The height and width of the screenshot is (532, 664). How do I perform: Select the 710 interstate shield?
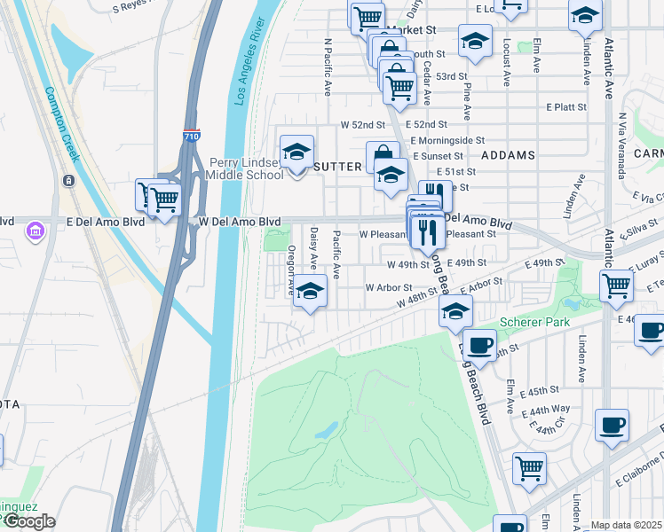click(x=193, y=136)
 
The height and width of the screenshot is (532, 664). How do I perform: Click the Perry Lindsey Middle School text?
click(x=246, y=168)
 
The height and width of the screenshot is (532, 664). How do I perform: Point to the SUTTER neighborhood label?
click(x=337, y=166)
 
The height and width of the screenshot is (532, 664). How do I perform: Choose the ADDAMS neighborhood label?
click(x=508, y=155)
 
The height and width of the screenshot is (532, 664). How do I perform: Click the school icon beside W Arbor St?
click(x=310, y=290)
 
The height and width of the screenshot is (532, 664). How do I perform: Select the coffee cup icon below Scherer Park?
click(x=480, y=344)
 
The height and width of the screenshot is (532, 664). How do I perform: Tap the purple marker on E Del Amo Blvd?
click(x=36, y=232)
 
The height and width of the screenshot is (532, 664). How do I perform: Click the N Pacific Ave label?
click(x=328, y=66)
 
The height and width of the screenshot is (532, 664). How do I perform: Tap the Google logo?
click(x=28, y=521)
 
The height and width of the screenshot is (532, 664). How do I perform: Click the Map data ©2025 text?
click(x=626, y=525)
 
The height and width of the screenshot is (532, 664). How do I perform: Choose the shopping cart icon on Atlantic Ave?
click(x=617, y=286)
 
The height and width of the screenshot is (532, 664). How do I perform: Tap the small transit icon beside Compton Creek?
click(x=68, y=181)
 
